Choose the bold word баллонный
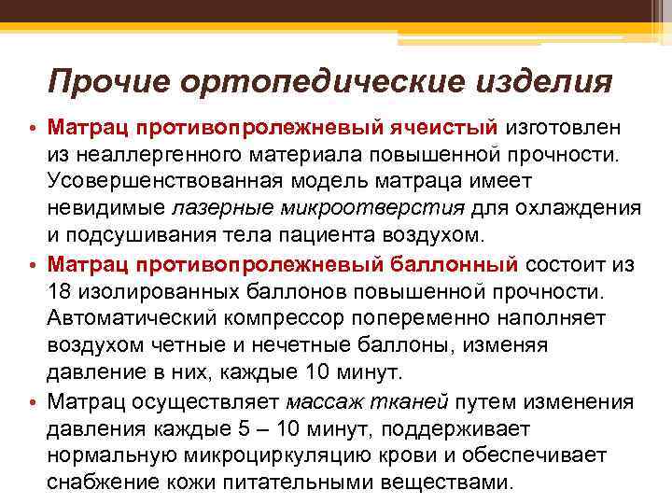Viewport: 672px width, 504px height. tap(450, 264)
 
